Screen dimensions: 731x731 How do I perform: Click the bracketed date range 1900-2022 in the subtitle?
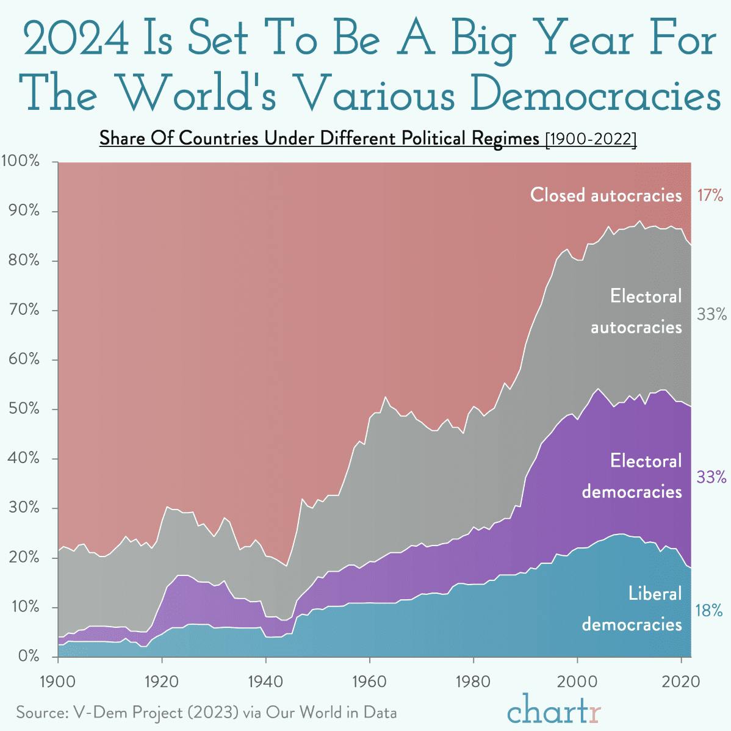[x=590, y=139]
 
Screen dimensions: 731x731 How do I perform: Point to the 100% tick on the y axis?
[x=21, y=162]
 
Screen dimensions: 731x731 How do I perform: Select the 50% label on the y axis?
[x=23, y=409]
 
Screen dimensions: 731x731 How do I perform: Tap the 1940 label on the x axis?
[x=265, y=681]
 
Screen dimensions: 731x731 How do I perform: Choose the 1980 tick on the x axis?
[x=473, y=681]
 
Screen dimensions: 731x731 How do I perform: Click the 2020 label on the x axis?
[x=680, y=681]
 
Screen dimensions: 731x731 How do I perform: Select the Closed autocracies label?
[x=605, y=195]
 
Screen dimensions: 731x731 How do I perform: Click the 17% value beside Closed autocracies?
[x=709, y=195]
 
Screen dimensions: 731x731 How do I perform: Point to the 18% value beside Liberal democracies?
[x=708, y=610]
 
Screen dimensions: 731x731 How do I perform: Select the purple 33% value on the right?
[x=711, y=477]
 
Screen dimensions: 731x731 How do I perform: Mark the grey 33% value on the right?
[x=711, y=314]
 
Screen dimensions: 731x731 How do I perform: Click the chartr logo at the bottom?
[x=553, y=710]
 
